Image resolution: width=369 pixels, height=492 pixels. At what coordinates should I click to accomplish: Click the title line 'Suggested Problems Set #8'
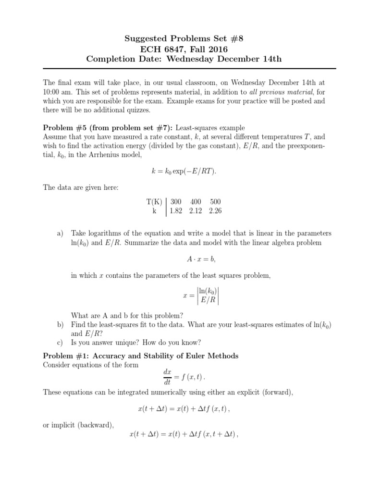pos(184,38)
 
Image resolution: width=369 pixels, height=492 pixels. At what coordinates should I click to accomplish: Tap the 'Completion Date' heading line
pos(184,59)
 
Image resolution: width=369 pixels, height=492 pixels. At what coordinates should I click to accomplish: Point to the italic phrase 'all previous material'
pos(280,91)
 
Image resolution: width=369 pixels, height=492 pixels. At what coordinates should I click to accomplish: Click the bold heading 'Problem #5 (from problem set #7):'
pos(109,127)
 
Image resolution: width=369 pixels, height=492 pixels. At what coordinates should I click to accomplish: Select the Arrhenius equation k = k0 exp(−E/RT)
pos(184,172)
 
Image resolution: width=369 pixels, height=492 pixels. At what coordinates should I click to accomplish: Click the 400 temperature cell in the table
pos(196,202)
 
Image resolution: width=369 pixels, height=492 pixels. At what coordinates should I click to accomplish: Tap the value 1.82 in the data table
pos(176,211)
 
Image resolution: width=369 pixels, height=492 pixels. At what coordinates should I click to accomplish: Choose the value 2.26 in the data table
pos(215,211)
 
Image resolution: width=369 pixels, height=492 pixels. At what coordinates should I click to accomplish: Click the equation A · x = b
pos(201,259)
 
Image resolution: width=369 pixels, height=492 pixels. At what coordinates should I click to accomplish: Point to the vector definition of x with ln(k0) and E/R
pos(201,296)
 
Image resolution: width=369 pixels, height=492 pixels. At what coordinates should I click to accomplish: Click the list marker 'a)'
pos(60,233)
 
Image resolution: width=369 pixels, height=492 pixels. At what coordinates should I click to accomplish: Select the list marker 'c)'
pos(60,343)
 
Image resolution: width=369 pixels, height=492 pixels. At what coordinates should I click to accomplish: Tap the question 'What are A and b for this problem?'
pos(127,316)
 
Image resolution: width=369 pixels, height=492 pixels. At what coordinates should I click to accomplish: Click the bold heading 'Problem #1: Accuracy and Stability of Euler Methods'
pos(141,356)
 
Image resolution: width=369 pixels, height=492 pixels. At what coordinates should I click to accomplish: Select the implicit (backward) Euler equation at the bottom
pos(184,434)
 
